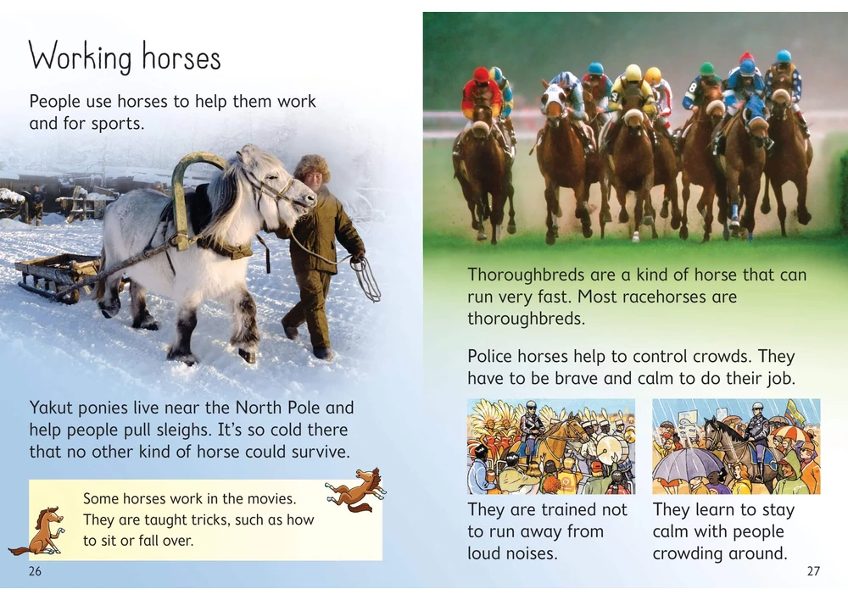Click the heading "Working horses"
click(x=125, y=58)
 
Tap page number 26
click(x=35, y=571)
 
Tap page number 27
click(x=813, y=571)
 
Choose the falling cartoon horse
click(x=354, y=490)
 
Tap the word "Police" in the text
click(x=493, y=356)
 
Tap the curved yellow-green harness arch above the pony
click(x=190, y=186)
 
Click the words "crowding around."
click(x=719, y=553)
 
